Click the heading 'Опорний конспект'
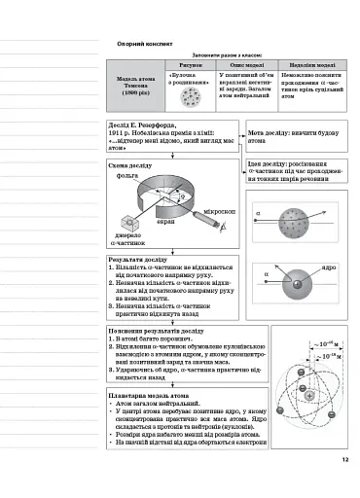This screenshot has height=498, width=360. tap(145, 44)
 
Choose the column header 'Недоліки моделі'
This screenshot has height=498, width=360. tap(310, 64)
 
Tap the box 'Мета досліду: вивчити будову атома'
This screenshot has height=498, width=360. tap(289, 135)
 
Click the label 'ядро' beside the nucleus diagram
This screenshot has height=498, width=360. tap(329, 267)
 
